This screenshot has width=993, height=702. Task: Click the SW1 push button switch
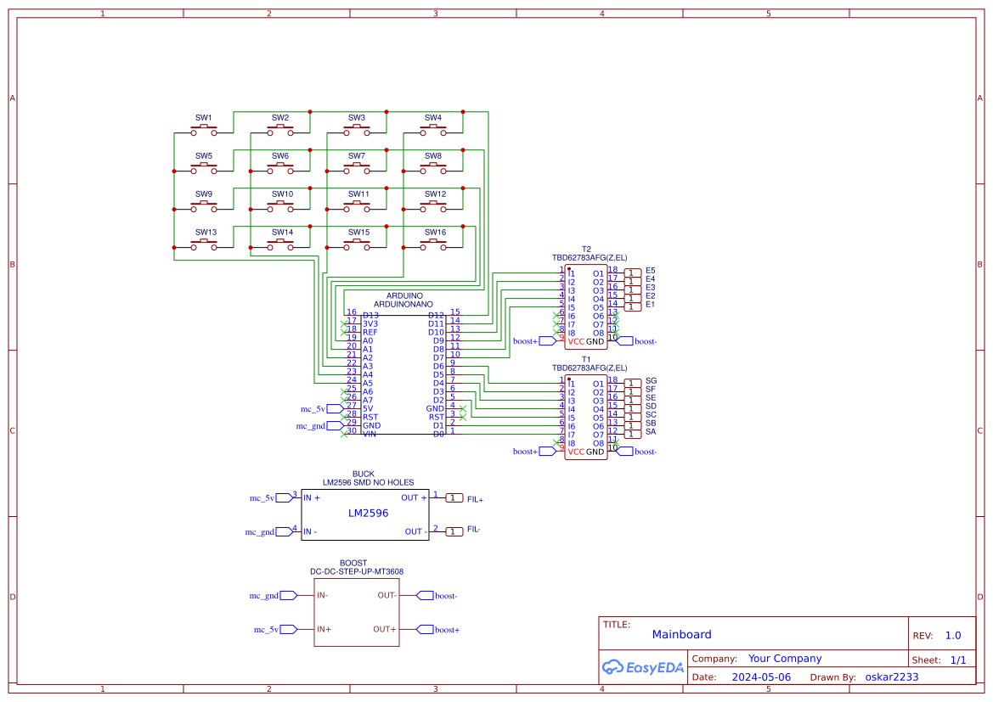(x=204, y=131)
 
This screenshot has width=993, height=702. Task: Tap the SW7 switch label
(x=357, y=156)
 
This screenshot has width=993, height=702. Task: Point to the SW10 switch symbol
(x=280, y=207)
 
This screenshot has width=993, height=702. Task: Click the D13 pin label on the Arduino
(x=370, y=316)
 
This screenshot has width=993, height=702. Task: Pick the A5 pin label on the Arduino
(x=368, y=384)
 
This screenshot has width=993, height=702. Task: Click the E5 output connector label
(x=650, y=271)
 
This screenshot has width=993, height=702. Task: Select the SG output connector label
(x=651, y=381)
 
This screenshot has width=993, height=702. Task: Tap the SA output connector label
(x=651, y=432)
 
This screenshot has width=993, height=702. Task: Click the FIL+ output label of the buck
(x=475, y=500)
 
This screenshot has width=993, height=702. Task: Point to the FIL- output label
(x=473, y=530)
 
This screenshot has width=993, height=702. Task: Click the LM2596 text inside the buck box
(x=368, y=514)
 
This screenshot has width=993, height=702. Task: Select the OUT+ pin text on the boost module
(x=384, y=630)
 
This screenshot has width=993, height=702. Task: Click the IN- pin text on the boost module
(x=323, y=596)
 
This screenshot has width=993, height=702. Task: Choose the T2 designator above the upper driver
(x=586, y=250)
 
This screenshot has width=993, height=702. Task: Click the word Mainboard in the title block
(x=681, y=635)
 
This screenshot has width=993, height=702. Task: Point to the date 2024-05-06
(x=761, y=677)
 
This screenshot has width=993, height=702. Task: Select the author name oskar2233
(x=891, y=677)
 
